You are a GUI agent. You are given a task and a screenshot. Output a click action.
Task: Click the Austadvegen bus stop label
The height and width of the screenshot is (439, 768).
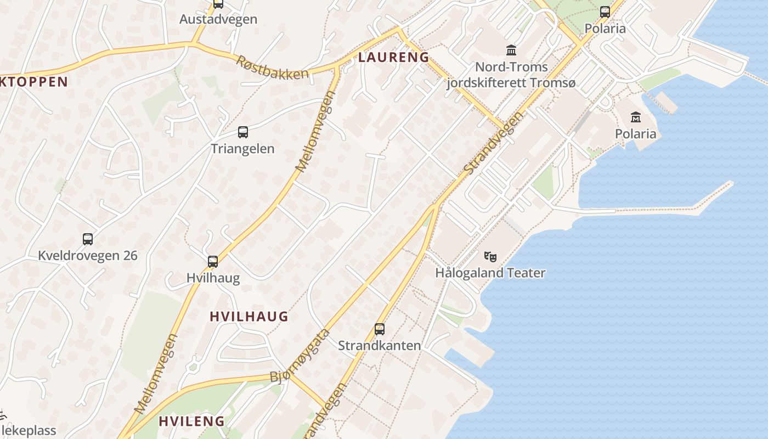218,19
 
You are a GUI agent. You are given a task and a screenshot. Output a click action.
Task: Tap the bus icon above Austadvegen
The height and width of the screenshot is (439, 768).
218,4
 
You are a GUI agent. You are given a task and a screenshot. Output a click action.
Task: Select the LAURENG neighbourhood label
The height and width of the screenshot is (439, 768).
393,57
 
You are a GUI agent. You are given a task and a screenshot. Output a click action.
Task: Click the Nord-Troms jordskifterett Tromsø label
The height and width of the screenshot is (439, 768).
511,75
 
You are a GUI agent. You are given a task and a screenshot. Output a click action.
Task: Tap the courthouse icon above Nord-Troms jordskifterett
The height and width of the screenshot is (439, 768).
511,50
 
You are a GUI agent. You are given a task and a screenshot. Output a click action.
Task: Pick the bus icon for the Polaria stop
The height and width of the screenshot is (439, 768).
605,12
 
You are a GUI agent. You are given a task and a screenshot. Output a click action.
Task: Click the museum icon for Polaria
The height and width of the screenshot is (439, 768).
636,117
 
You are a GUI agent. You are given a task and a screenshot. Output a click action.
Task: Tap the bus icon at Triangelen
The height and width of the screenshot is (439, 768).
243,132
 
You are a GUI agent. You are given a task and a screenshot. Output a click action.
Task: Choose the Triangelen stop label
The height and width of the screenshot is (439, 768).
243,149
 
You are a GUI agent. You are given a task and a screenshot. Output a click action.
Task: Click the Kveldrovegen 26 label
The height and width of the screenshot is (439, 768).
88,256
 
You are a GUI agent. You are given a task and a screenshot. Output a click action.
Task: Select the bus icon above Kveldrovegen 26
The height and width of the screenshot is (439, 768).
88,239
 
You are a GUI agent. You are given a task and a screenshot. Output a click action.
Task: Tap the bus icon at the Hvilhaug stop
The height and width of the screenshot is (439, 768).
213,262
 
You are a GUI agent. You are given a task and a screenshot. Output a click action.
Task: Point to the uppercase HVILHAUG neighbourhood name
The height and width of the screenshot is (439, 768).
249,316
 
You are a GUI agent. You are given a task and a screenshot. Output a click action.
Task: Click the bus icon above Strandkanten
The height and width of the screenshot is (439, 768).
380,329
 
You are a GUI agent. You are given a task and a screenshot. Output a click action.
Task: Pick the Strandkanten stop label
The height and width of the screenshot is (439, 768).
380,346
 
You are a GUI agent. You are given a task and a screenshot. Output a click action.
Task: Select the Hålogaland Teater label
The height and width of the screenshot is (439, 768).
490,273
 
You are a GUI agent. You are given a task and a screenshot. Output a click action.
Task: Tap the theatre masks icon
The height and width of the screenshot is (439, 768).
490,256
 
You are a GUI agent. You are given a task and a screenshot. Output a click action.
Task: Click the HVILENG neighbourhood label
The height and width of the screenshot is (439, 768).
192,421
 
